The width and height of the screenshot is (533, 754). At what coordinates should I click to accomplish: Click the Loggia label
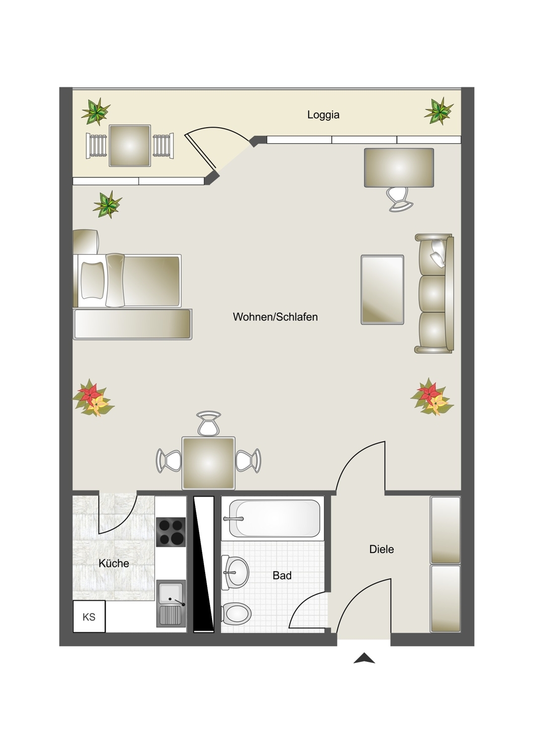pos(323,115)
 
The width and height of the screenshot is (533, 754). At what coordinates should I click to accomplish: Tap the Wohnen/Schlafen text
pos(275,317)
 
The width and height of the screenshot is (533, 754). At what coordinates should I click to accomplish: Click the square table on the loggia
pos(130,145)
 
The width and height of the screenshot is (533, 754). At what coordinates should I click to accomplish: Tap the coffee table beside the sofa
pos(382,290)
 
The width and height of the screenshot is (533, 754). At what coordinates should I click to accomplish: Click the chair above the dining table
pos(209,423)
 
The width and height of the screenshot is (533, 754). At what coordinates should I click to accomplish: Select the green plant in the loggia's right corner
pos(439,111)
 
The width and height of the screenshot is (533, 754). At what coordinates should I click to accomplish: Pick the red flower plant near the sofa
pos(432,397)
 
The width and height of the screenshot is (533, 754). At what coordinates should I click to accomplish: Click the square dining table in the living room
pos(208,463)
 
